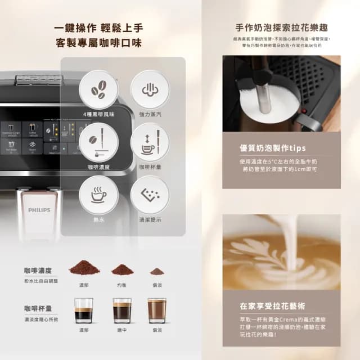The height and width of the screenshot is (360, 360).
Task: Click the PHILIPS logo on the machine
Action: [39, 210]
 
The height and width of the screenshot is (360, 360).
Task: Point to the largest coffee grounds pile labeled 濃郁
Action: [84, 267]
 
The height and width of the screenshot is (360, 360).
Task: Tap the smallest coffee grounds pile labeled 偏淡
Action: [157, 271]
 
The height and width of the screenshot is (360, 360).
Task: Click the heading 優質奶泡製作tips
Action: [273, 148]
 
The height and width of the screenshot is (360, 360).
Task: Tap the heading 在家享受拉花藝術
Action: [273, 307]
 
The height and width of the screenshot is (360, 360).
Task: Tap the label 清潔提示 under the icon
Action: [150, 220]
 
